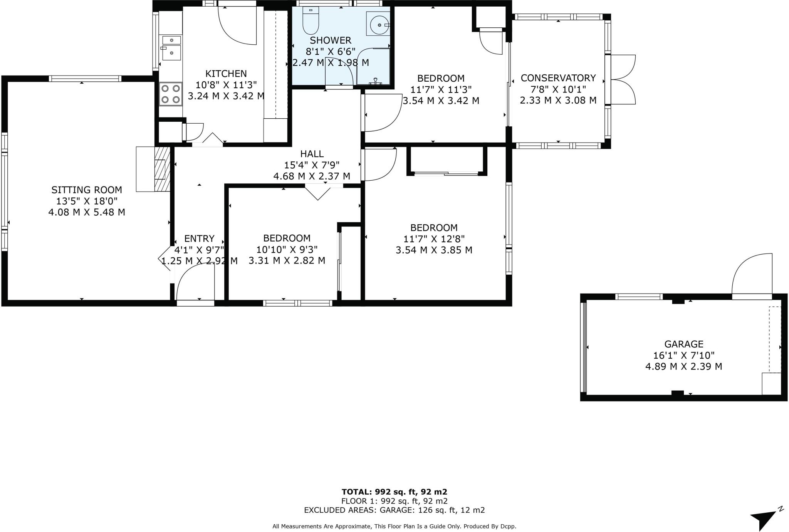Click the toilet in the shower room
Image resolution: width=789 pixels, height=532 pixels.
click(311, 21)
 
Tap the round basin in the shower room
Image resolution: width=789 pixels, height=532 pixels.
click(378, 25)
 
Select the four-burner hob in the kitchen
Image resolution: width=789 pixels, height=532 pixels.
click(171, 94)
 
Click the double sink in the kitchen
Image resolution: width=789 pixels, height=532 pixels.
click(171, 48)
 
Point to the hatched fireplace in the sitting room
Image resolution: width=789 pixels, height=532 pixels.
click(162, 169)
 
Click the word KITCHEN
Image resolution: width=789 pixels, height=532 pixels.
click(226, 74)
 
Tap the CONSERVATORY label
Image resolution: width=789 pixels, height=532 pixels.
click(558, 78)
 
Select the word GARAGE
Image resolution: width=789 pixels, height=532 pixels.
click(683, 344)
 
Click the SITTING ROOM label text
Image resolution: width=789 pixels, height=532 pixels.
click(87, 190)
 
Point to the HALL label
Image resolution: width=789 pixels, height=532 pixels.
click(312, 154)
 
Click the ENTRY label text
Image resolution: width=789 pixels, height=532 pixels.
click(199, 238)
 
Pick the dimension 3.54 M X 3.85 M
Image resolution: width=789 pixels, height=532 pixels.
click(434, 250)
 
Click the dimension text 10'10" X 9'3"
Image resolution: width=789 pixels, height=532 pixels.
click(287, 249)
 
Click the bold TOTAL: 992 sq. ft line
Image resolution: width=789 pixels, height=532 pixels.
click(394, 492)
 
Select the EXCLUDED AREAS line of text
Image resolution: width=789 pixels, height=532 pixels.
click(394, 510)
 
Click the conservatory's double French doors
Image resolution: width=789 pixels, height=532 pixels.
click(621, 80)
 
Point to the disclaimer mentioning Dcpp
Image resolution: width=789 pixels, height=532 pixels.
click(394, 526)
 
